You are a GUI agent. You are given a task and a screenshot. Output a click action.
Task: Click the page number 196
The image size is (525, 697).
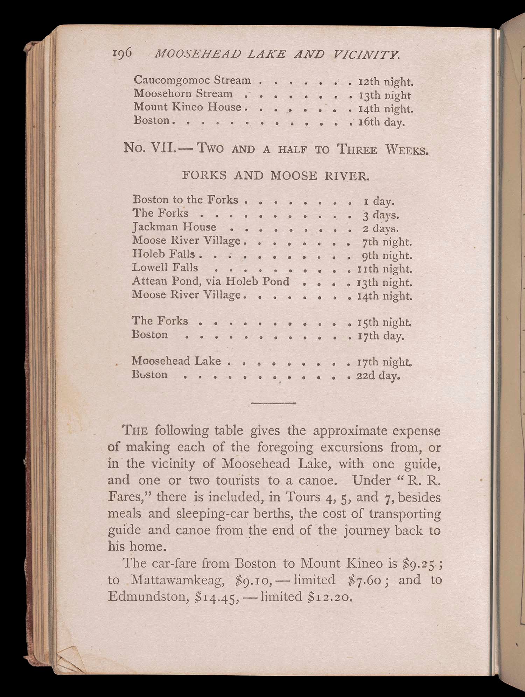[122, 53]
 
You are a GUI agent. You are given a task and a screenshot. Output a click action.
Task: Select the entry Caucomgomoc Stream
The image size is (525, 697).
[192, 80]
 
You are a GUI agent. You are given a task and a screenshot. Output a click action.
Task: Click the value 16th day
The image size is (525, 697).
[381, 122]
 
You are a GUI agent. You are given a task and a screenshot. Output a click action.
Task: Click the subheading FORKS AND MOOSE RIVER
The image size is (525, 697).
[275, 175]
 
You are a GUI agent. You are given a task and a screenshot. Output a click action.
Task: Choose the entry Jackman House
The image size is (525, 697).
[174, 227]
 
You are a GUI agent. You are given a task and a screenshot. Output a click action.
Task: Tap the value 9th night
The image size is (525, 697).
[387, 256]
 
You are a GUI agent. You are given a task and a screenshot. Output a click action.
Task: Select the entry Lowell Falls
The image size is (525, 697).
[165, 268]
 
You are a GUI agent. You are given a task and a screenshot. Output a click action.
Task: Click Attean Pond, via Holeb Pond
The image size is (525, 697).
[211, 282]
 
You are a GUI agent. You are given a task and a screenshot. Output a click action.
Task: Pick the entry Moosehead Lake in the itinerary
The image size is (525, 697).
[176, 361]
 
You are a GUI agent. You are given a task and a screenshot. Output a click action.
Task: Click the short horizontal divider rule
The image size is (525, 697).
[274, 403]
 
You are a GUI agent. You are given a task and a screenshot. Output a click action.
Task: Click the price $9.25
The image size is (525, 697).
[419, 563]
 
